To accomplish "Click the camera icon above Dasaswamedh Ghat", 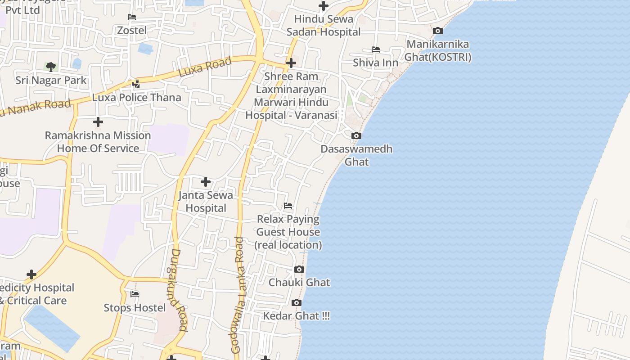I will coord(356,135).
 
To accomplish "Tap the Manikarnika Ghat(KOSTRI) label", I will coord(437,51).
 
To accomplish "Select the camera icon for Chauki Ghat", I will coord(299,270).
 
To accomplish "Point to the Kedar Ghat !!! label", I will coord(296,316).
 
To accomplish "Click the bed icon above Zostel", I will coord(132,17).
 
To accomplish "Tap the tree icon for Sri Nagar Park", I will coord(51,67).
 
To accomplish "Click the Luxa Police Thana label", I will coord(137,97).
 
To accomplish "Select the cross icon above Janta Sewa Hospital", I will coord(206,182).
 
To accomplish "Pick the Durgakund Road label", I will coord(179,290).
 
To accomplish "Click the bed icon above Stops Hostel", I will coord(135,294).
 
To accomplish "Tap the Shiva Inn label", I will coord(376,63).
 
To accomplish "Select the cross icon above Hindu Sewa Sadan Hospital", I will coord(323,6).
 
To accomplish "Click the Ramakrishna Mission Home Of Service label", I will coord(98,142).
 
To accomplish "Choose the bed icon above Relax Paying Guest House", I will coord(288,206).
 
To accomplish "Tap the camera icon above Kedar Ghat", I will coord(296,303).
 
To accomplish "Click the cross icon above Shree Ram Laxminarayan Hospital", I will coord(291,63).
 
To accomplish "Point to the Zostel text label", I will coord(132,30).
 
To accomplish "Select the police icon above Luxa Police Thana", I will coord(136,84).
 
